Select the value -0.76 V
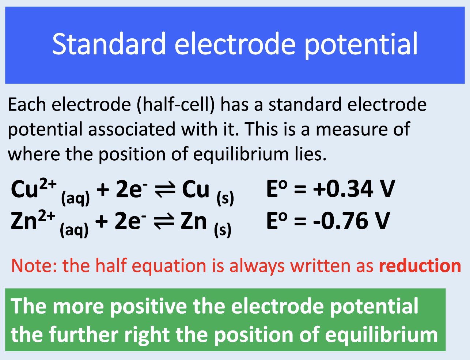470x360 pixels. pos(351,221)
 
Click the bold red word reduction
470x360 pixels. pos(420,265)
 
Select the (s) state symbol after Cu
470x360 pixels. pos(225,198)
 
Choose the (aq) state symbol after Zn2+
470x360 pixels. pos(74,230)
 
